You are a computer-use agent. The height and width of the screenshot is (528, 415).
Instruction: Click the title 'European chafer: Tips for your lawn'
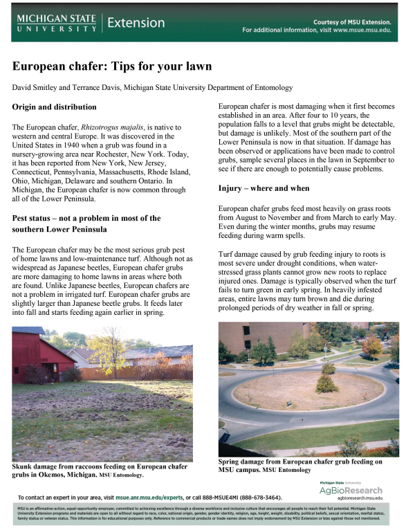coord(112,67)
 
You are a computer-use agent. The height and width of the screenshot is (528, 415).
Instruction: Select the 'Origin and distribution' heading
coord(55,107)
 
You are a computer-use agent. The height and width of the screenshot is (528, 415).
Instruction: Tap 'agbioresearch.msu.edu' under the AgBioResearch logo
coord(356,498)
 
